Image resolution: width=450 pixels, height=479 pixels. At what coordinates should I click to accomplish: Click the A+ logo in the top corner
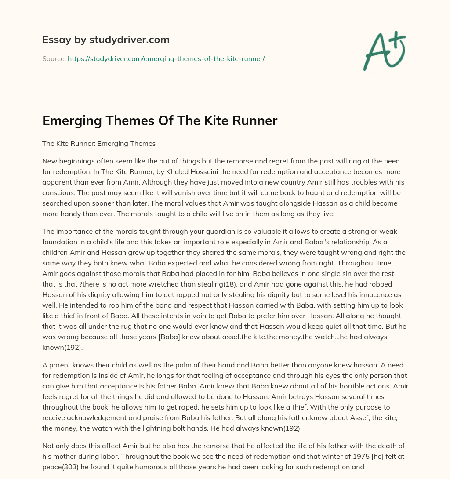coord(384,50)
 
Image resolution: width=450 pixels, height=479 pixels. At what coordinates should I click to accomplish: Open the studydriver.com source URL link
coord(166,58)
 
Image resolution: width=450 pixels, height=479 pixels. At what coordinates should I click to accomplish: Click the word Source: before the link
coord(54,58)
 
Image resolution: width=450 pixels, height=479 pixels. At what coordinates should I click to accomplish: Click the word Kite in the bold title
coord(206,121)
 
